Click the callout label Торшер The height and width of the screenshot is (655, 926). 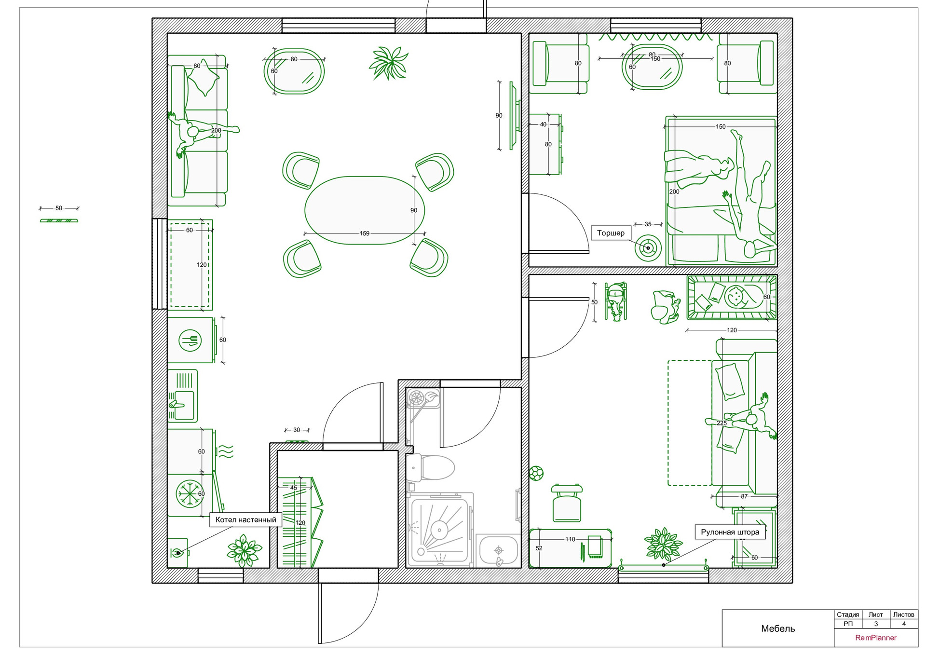tap(611, 233)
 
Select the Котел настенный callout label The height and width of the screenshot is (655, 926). tap(245, 519)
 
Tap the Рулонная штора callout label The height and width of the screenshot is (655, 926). tap(730, 532)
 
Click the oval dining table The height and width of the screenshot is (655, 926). tap(364, 210)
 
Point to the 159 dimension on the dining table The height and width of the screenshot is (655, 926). tap(364, 233)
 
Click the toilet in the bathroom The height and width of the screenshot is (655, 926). tap(431, 467)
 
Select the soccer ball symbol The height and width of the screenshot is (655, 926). tap(536, 473)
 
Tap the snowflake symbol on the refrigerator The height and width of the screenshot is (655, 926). tap(189, 494)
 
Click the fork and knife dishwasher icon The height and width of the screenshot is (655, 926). tap(190, 341)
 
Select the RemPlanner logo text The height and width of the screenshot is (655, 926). tap(875, 638)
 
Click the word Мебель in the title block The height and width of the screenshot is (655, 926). tap(777, 628)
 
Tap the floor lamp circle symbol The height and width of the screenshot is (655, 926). tap(648, 248)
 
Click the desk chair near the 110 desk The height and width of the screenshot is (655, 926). tap(567, 504)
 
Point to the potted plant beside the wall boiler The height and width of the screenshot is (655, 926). tap(245, 550)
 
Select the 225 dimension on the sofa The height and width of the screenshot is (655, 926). tap(722, 423)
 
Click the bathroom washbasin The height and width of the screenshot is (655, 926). tap(499, 550)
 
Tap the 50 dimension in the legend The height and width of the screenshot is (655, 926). tap(59, 208)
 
